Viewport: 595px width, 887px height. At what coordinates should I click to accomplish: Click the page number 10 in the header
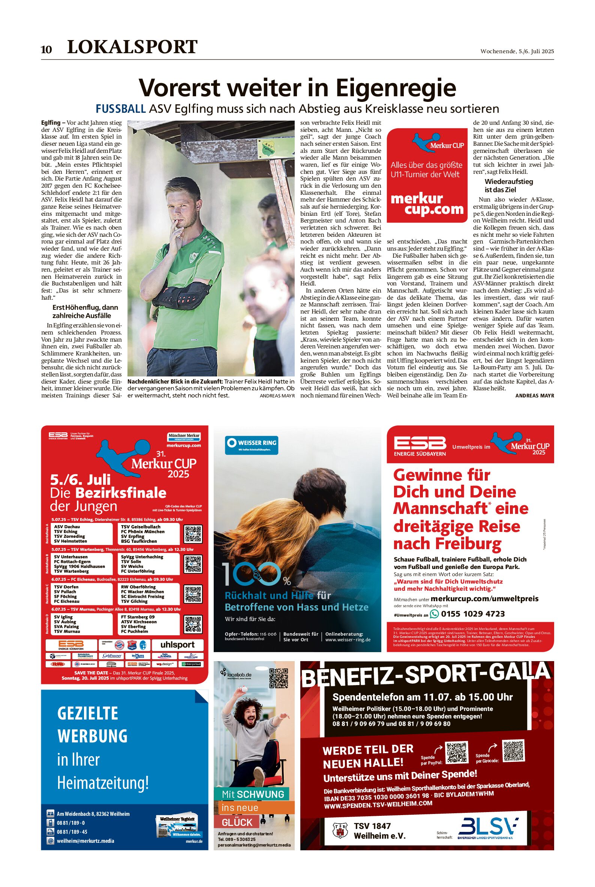click(46, 50)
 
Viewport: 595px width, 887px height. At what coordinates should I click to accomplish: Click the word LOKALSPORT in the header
click(132, 47)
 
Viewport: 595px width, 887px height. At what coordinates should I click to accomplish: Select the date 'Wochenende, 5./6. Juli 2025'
click(517, 51)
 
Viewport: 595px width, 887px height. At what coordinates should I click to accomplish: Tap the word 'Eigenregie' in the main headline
click(396, 88)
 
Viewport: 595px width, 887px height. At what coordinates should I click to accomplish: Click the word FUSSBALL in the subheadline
click(121, 109)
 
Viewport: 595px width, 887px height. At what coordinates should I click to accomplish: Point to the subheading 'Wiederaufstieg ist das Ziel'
click(508, 186)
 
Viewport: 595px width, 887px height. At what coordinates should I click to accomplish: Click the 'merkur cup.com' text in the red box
click(427, 204)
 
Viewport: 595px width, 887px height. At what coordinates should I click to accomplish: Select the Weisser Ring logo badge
click(252, 445)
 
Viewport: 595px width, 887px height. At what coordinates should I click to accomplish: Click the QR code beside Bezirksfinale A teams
click(193, 534)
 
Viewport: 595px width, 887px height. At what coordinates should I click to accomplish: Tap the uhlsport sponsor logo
click(177, 644)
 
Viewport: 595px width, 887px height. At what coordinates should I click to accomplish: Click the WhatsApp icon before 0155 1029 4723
click(434, 614)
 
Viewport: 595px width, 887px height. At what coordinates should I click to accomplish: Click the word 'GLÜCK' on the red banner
click(237, 822)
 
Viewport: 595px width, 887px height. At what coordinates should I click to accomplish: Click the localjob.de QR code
click(279, 678)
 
